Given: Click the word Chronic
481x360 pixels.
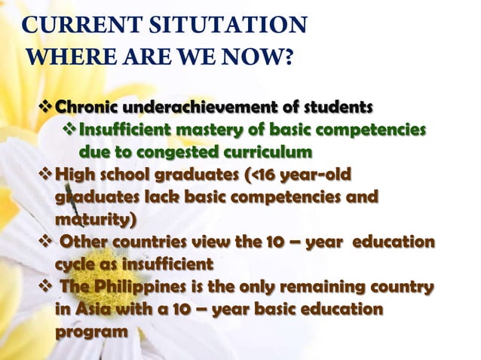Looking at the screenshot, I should click(86, 104).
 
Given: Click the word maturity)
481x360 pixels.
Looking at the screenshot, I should click(89, 222).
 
